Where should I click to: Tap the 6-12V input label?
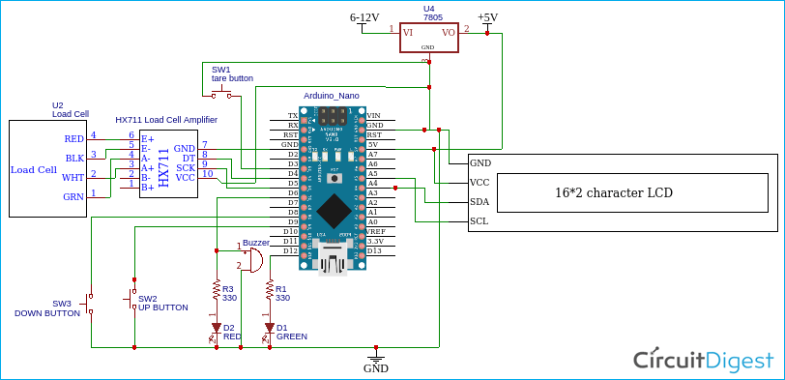coord(364,18)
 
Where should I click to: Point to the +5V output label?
coord(489,18)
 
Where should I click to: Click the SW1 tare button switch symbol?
coord(221,94)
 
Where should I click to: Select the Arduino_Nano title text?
coord(332,96)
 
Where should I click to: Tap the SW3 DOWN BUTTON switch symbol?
coord(90,304)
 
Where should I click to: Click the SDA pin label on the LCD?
coord(479,201)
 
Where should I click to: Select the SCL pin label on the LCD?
coord(479,220)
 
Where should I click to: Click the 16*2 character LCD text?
coord(614,192)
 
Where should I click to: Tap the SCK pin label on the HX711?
coord(185,167)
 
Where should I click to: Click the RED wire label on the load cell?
coord(73,139)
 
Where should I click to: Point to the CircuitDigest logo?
coord(703,360)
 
